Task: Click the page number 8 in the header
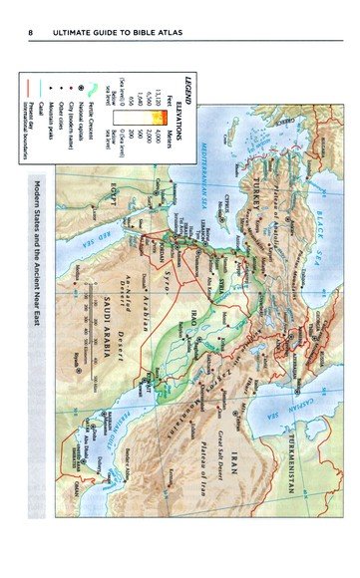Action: [33, 39]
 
